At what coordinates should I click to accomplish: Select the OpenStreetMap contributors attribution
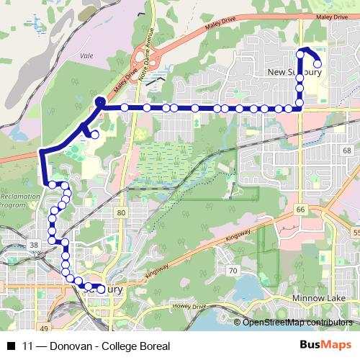[298, 323]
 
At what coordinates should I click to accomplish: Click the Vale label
[88, 55]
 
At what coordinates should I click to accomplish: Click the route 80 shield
[120, 213]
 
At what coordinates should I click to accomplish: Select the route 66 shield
[300, 209]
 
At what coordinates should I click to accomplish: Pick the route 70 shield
[232, 271]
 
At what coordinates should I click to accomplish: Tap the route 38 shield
[33, 246]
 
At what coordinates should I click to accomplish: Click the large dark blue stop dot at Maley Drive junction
[99, 103]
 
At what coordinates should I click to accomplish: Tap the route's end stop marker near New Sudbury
[318, 64]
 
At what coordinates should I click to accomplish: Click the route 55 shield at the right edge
[356, 233]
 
